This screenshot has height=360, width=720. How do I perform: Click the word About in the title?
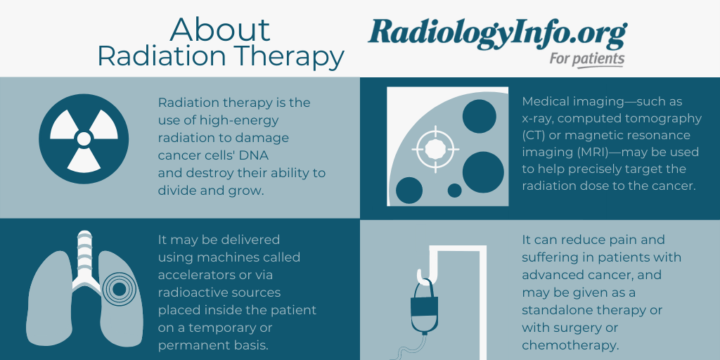pos(219,30)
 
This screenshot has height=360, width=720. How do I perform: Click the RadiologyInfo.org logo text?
pos(497,34)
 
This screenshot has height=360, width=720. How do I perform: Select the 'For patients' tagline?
pos(587,59)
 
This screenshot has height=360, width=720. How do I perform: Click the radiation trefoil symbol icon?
pos(84,139)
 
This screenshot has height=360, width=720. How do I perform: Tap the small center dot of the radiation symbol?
pos(84,139)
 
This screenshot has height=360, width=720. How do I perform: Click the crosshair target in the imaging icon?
pos(435,149)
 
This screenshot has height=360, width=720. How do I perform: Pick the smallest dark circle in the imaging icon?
pos(455,191)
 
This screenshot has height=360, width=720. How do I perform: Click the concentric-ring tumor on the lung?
pos(119,289)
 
